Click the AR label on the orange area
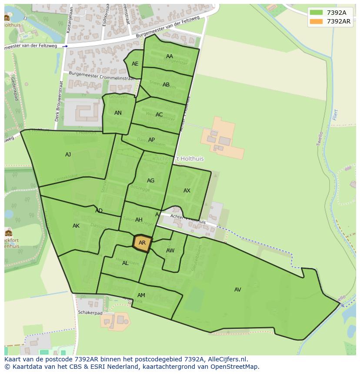[x=142, y=243]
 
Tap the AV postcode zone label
[x=237, y=290]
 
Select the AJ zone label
[x=68, y=155]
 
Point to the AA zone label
[x=170, y=56]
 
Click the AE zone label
[x=135, y=64]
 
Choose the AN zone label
[x=118, y=113]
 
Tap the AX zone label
[x=187, y=191]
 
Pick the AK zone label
[x=76, y=226]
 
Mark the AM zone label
[x=141, y=295]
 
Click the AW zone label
[x=170, y=251]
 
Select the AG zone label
[x=150, y=181]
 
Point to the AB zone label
[x=166, y=85]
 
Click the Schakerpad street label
[x=90, y=313]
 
